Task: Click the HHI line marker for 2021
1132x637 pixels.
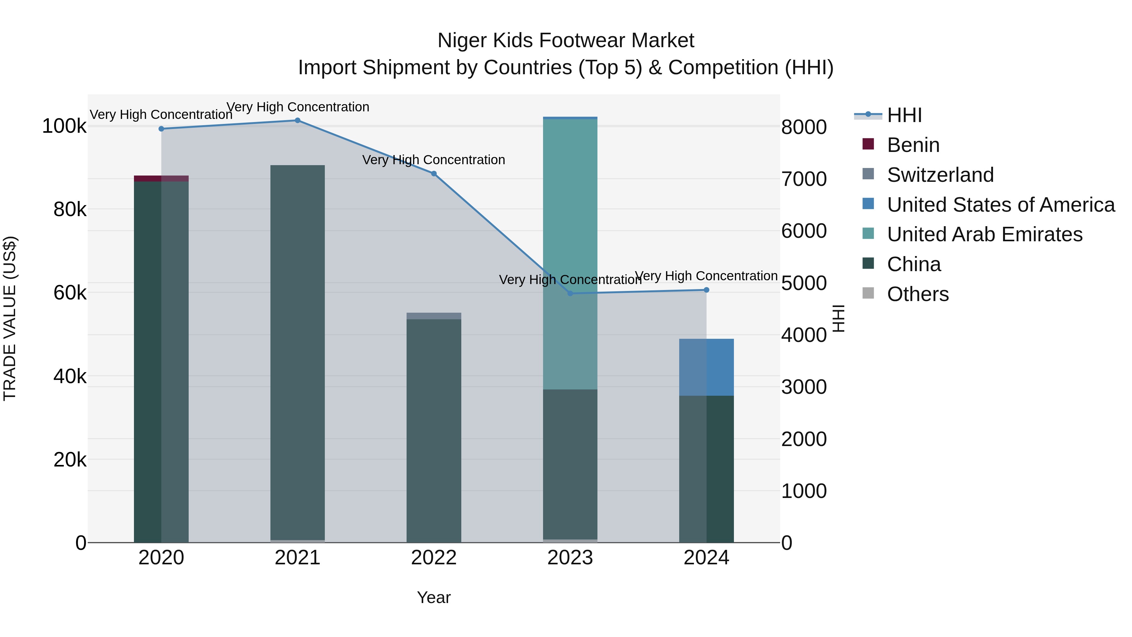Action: coord(297,120)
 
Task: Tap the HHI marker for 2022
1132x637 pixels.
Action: coord(434,174)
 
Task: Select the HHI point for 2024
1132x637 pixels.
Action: coord(706,290)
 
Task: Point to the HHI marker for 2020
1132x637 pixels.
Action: coord(161,129)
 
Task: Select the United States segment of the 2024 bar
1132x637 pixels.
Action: coord(706,367)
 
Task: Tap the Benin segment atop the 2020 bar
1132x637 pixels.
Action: coord(161,178)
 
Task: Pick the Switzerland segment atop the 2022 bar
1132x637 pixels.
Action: coord(434,316)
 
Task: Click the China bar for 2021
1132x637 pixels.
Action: coord(297,352)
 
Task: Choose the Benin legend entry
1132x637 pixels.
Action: coord(913,145)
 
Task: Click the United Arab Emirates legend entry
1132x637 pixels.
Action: coord(984,234)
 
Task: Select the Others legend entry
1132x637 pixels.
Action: coord(918,294)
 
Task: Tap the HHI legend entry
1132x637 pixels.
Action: coord(904,115)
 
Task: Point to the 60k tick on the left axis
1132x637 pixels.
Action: coord(70,293)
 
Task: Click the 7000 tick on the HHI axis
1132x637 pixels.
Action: coord(804,179)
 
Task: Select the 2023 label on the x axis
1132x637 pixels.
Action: coord(570,558)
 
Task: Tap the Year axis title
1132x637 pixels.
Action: coord(434,597)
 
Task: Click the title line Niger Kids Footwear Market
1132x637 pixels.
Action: coord(566,41)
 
